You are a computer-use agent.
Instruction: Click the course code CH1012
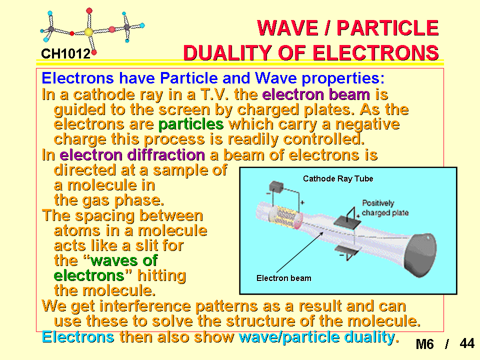[66, 54]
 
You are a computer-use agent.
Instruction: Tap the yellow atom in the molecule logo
[88, 32]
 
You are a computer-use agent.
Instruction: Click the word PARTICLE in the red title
[387, 28]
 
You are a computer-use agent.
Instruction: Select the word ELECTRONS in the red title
[375, 52]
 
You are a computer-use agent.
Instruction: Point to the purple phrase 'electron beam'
[316, 94]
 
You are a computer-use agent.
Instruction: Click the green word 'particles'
[191, 124]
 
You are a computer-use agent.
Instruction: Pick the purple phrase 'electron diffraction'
[132, 154]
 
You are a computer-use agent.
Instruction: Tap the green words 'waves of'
[124, 260]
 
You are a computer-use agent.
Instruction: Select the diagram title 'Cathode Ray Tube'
[338, 179]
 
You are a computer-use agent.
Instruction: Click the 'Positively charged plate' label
[385, 208]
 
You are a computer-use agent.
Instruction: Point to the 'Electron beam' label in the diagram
[284, 278]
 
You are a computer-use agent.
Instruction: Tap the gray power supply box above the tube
[276, 186]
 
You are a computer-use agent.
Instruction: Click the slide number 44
[467, 343]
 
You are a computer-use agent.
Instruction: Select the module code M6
[424, 344]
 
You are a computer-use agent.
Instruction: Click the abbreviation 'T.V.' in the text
[214, 94]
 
